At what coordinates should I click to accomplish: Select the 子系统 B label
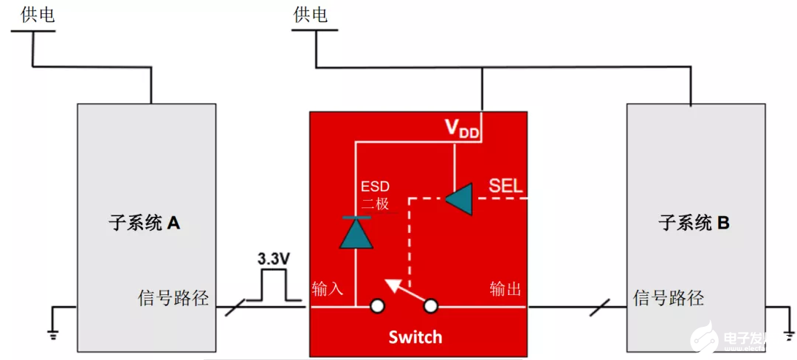694,222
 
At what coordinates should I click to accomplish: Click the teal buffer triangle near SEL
459,198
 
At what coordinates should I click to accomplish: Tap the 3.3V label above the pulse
273,260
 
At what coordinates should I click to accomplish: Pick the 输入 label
328,288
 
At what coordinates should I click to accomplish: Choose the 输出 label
506,288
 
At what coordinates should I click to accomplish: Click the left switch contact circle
377,306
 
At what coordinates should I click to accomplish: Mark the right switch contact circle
430,306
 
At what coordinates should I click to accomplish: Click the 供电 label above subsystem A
38,15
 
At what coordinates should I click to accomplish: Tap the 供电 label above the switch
310,15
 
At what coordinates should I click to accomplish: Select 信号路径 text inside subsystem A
173,298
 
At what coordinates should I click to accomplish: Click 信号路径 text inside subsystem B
669,298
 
